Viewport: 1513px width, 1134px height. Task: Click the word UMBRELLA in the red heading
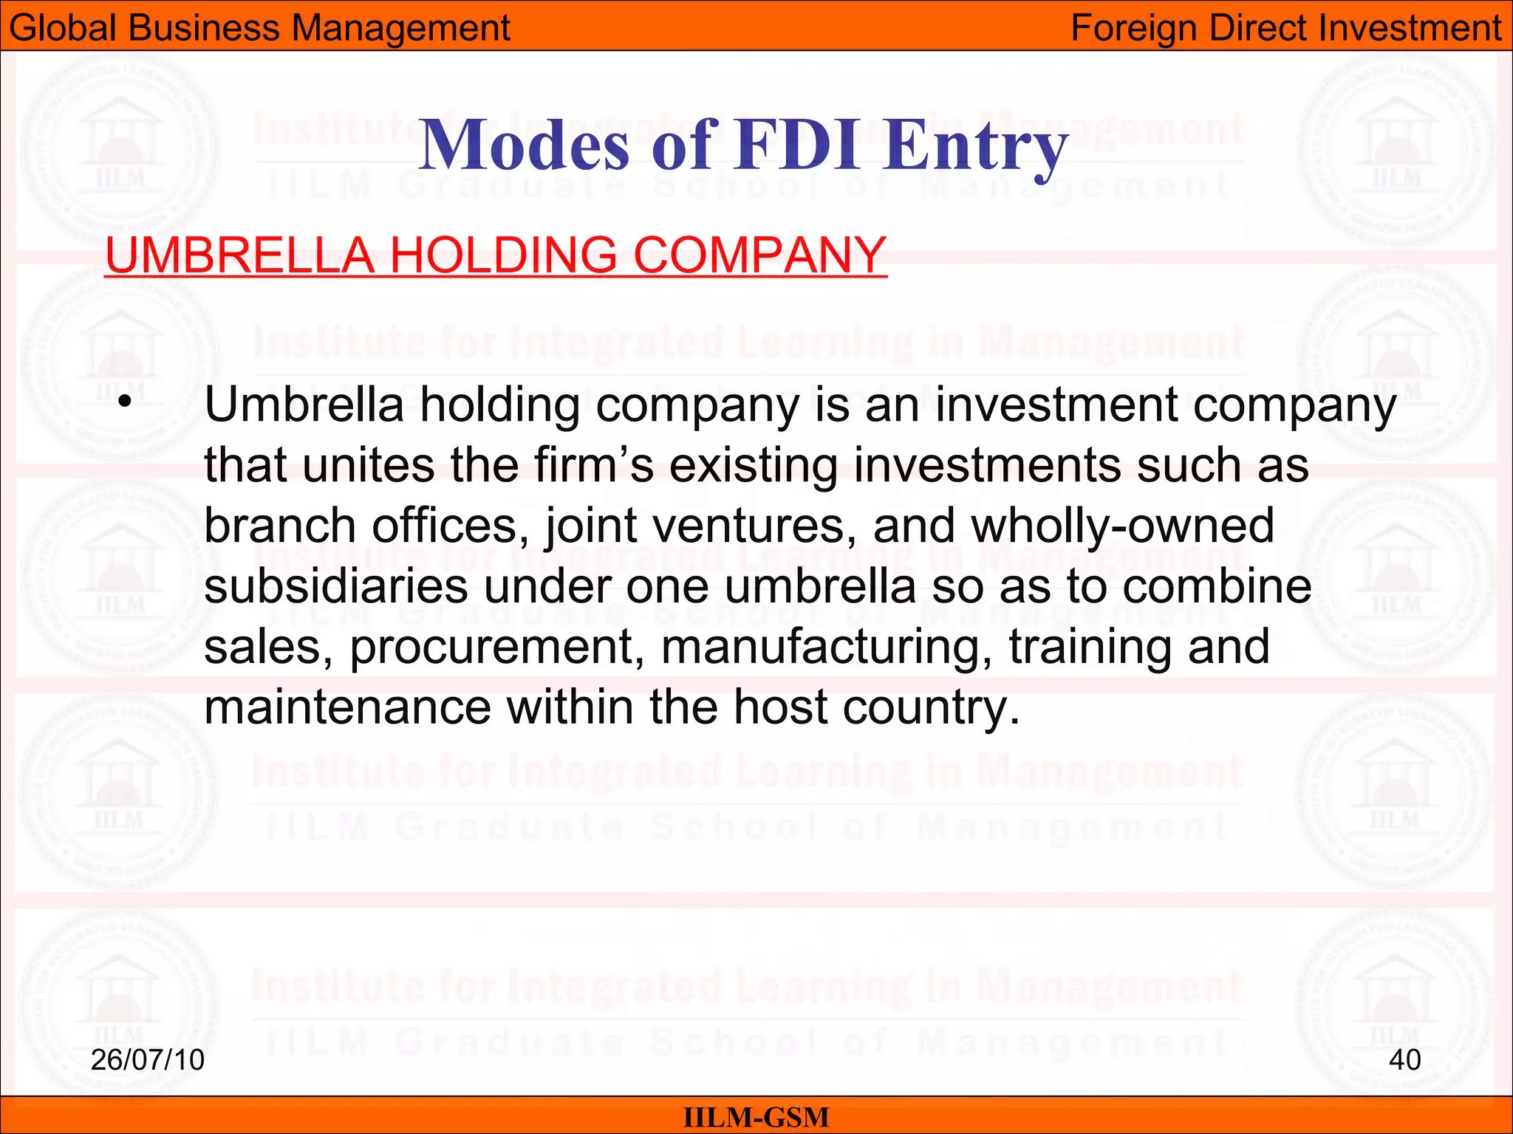click(240, 255)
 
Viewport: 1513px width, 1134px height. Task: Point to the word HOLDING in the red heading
click(503, 255)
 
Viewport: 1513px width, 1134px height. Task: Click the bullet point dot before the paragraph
click(126, 402)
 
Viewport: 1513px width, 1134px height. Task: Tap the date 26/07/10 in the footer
click(147, 1059)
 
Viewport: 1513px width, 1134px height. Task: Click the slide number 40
click(1404, 1059)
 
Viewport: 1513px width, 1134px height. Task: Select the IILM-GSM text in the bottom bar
click(756, 1117)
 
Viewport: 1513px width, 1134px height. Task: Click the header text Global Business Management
click(259, 28)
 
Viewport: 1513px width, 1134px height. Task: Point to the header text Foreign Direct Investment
click(1285, 28)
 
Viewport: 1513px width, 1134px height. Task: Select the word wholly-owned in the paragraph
click(1122, 526)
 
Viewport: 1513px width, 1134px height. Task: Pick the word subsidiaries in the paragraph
click(336, 586)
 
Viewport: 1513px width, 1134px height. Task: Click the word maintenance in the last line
click(347, 707)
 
